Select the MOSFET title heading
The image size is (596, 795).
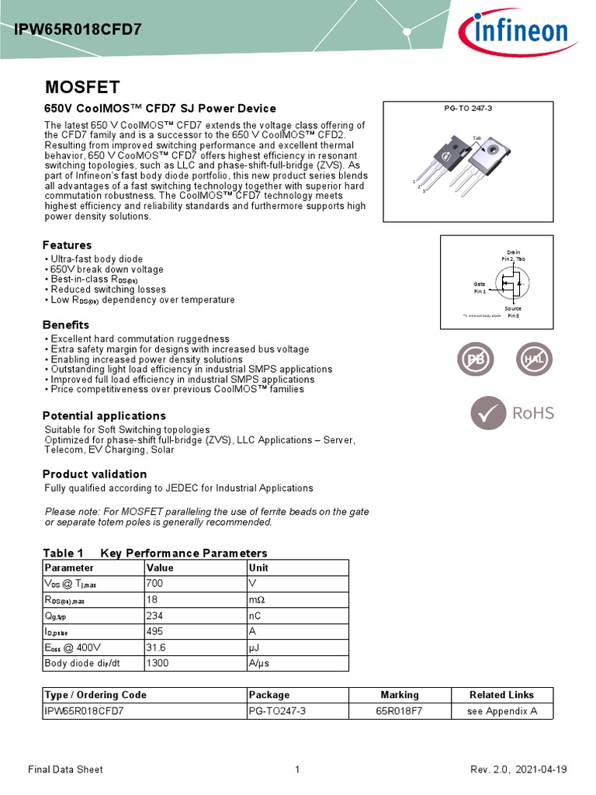tap(81, 87)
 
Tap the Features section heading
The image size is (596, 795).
tap(67, 245)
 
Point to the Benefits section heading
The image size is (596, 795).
tap(66, 325)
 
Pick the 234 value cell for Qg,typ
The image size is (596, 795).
tap(155, 615)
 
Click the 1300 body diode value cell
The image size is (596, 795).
tap(158, 663)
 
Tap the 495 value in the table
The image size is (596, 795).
tap(155, 631)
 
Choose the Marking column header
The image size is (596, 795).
tap(400, 695)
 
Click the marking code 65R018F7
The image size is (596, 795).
tap(400, 711)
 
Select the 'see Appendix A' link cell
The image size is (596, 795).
tap(502, 711)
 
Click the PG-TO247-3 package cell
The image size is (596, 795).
tap(278, 711)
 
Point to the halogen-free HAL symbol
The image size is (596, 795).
tap(535, 360)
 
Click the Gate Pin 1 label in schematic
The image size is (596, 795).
tap(480, 287)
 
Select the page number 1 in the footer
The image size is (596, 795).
tap(297, 769)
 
